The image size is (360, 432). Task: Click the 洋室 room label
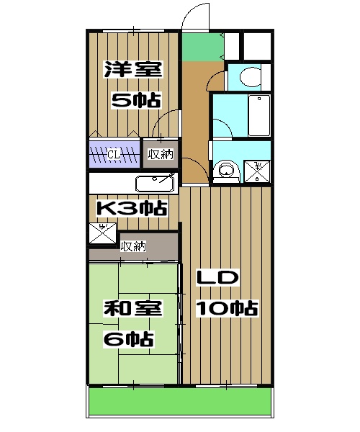[x=132, y=71]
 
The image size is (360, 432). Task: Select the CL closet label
[x=114, y=153]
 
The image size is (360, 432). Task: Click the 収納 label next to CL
[x=161, y=153]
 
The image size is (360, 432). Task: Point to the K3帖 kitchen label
[x=132, y=210]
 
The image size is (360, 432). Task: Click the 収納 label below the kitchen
[x=134, y=246]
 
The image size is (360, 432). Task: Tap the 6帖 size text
[x=132, y=338]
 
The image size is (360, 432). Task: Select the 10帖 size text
[x=228, y=309]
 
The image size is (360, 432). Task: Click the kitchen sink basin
[x=153, y=183]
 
